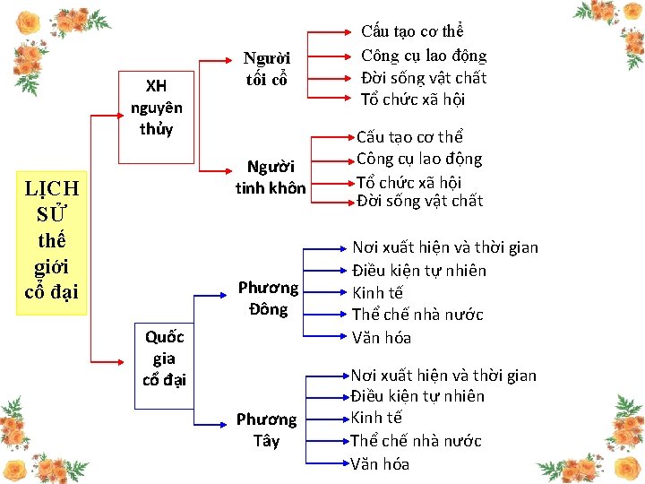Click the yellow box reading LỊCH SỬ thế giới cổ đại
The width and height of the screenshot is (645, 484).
[x=51, y=242]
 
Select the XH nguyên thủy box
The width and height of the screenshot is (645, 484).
[x=156, y=107]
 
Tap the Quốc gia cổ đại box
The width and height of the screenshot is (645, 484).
[x=164, y=358]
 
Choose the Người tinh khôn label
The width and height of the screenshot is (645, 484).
[x=270, y=177]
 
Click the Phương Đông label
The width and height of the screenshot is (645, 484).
[x=268, y=298]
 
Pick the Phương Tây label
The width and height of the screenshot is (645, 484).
[x=266, y=429]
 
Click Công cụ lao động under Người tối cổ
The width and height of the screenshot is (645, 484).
[x=423, y=56]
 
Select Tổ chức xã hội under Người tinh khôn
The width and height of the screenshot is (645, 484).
[x=408, y=181]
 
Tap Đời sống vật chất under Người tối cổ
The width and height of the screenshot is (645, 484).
[x=423, y=78]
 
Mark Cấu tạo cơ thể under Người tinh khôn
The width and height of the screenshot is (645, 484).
[x=409, y=137]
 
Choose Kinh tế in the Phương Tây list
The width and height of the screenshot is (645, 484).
[x=376, y=418]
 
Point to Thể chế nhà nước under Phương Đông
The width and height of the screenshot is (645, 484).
[x=417, y=315]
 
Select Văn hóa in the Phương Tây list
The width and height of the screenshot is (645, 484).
[x=380, y=463]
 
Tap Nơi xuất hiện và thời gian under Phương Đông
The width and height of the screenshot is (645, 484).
[x=445, y=247]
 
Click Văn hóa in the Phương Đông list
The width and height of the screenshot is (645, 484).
[x=382, y=338]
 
